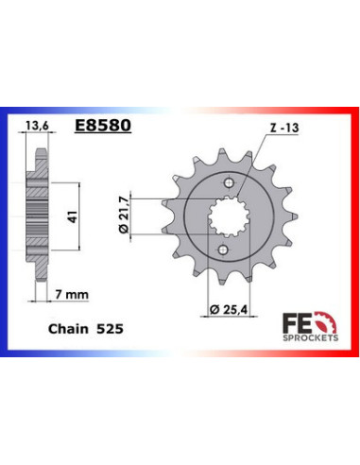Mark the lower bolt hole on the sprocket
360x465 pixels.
(x=223, y=250)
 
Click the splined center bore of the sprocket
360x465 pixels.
(x=223, y=217)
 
